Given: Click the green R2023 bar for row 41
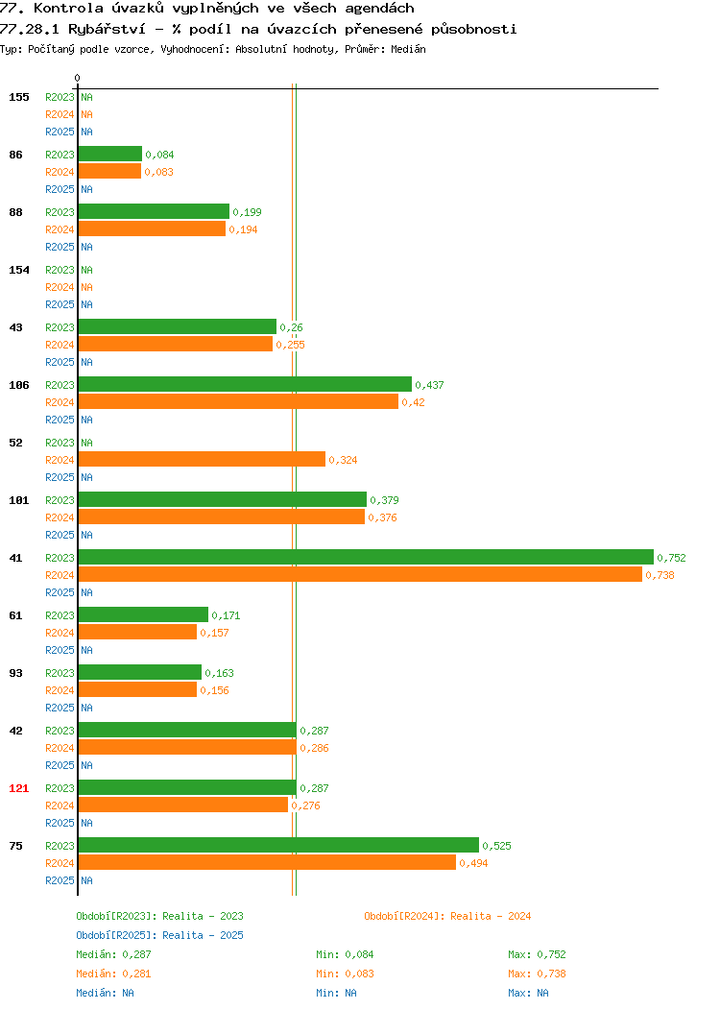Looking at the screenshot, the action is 366,557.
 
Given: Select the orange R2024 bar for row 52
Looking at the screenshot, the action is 202,459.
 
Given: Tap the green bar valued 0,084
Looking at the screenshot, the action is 110,154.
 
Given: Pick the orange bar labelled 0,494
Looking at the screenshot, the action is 267,862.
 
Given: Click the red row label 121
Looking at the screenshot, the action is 18,788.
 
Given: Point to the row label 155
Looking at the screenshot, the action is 18,97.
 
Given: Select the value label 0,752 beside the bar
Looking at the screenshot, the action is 671,558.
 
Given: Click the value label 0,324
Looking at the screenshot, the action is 343,460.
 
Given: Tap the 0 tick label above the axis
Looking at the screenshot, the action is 78,78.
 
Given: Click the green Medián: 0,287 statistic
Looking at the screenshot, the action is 113,954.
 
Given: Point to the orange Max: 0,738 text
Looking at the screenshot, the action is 537,974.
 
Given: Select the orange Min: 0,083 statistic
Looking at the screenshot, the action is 345,974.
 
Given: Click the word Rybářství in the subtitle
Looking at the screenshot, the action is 107,29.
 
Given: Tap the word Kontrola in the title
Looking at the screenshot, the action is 68,9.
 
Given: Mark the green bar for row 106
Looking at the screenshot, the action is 245,385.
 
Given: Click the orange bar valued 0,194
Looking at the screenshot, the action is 152,228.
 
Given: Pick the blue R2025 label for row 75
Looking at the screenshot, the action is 60,880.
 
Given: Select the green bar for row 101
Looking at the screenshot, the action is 222,499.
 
